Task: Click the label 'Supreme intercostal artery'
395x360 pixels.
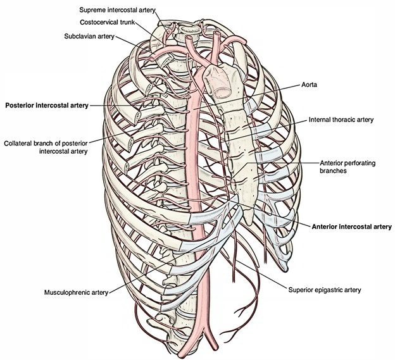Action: point(117,10)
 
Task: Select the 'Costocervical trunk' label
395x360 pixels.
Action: point(108,22)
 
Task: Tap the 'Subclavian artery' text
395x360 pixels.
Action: point(89,37)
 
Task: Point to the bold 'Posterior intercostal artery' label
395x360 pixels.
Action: point(47,105)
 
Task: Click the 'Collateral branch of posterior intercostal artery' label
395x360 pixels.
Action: point(46,147)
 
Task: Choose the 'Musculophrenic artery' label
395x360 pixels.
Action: point(76,292)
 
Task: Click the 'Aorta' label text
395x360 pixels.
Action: point(309,85)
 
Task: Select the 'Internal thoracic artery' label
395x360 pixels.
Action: point(341,120)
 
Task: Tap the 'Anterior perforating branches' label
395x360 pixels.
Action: point(348,167)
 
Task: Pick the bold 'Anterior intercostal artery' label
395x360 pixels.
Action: point(352,227)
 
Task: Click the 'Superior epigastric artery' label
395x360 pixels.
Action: point(325,290)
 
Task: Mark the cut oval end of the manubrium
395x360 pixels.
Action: point(223,92)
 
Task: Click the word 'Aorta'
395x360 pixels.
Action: point(309,85)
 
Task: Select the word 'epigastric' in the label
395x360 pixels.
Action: point(328,290)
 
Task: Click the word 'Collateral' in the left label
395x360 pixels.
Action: point(16,144)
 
